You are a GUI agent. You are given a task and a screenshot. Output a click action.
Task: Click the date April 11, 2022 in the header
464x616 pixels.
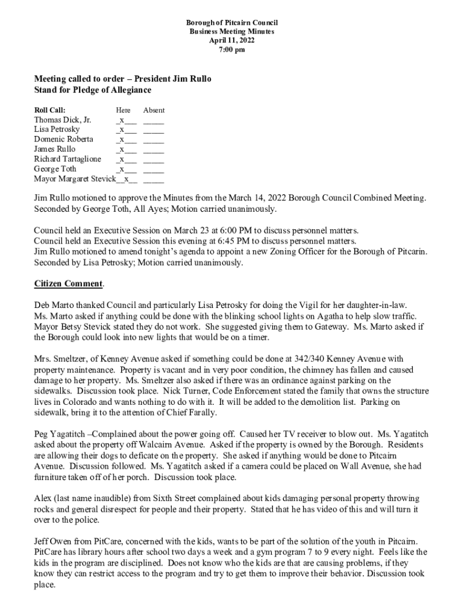[231, 40]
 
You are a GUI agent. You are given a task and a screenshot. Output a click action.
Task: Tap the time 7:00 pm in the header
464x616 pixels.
[231, 49]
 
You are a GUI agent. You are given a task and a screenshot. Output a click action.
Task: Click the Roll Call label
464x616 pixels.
[49, 110]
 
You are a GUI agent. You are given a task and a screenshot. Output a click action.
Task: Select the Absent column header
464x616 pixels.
[154, 110]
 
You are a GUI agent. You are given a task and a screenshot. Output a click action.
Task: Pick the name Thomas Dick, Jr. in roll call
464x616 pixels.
[63, 120]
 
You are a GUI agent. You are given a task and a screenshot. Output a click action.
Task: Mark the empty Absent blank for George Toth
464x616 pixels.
[154, 170]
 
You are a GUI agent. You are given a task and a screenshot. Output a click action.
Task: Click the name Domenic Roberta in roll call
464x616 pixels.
[63, 140]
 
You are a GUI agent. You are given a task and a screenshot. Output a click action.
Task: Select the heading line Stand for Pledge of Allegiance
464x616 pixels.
[92, 90]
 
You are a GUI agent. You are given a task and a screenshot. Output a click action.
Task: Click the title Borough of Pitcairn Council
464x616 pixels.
[231, 22]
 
